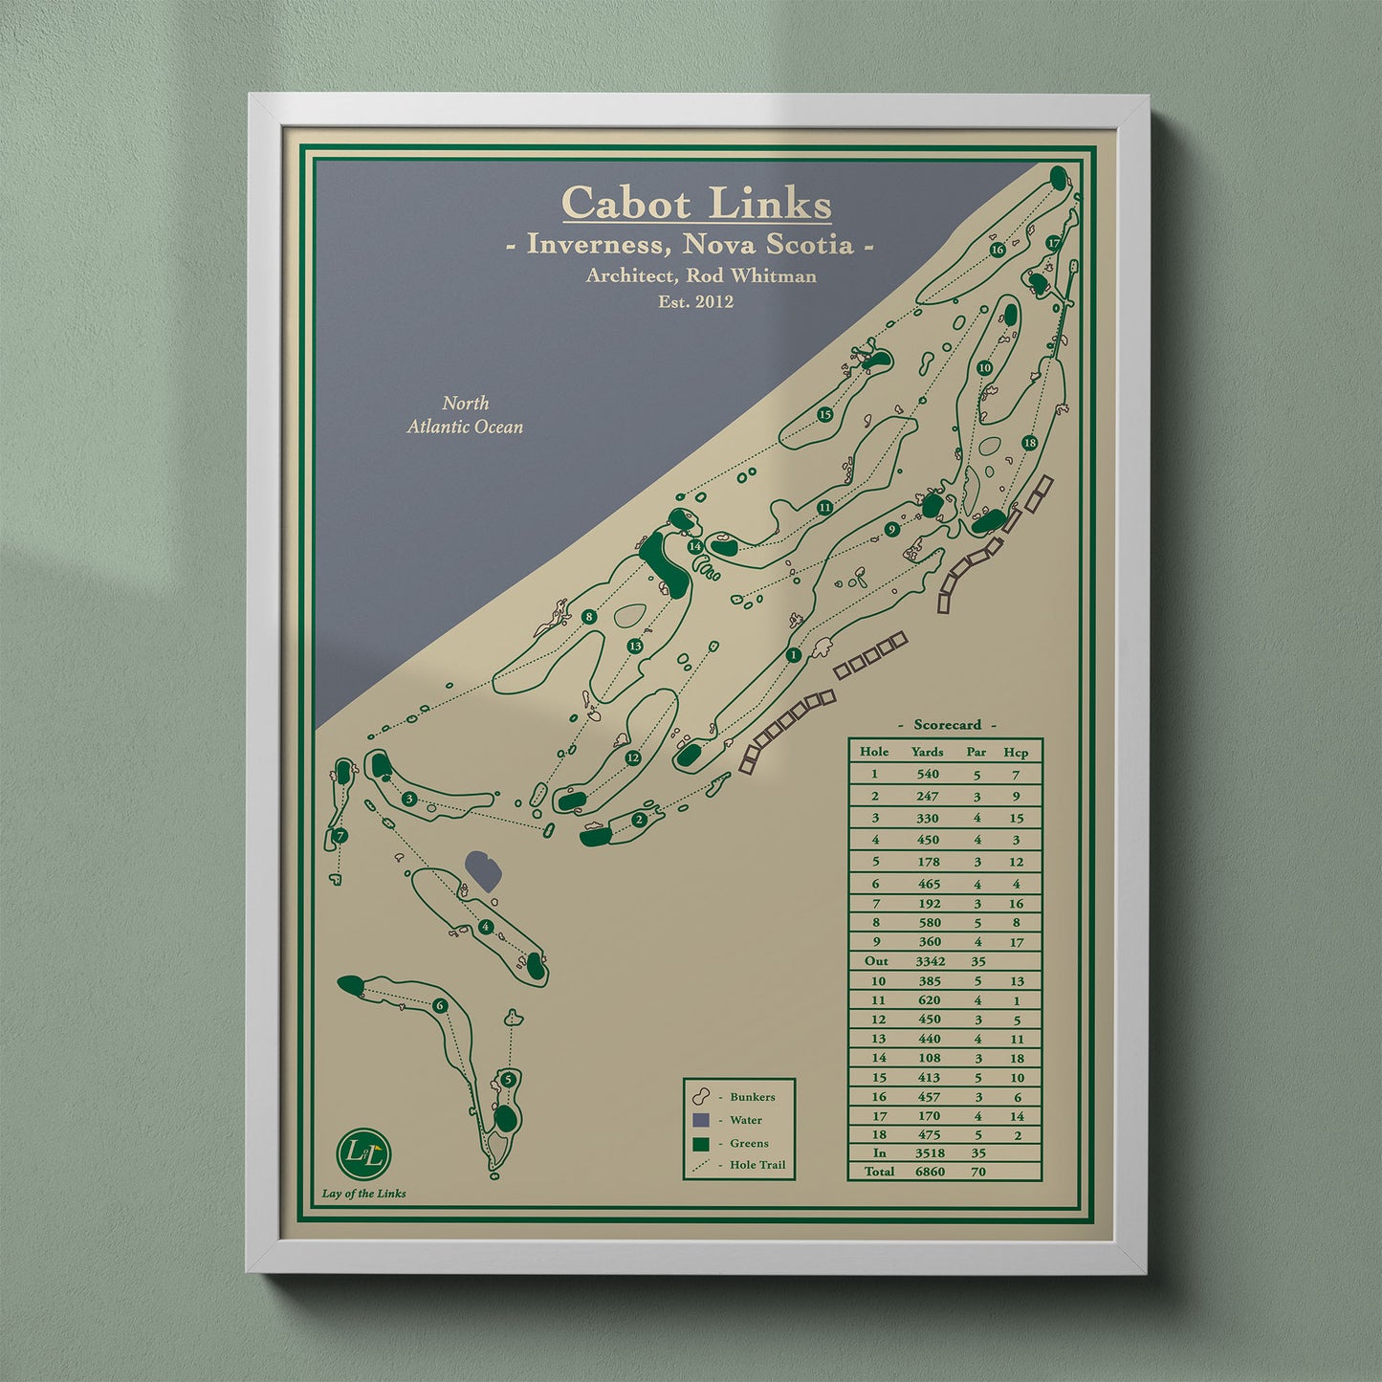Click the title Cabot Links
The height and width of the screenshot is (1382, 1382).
696,204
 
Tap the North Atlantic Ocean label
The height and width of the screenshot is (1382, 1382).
465,415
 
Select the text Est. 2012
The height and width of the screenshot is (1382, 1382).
696,301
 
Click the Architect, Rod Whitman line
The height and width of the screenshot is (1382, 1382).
701,275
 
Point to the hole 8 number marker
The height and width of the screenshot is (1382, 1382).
589,617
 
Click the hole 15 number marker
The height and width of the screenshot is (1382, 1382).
825,414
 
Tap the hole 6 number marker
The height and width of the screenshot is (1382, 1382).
440,1005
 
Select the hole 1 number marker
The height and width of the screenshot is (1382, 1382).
793,655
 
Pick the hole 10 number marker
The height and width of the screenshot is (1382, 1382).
984,368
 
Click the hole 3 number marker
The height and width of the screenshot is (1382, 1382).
409,799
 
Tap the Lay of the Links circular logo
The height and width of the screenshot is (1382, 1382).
364,1153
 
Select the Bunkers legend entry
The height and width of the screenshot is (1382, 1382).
752,1097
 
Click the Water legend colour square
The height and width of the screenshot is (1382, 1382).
702,1120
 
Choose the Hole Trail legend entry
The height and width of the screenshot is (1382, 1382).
757,1165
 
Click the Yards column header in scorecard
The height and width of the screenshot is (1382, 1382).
927,752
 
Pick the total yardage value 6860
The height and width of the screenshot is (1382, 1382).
929,1172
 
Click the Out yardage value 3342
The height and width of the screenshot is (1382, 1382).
929,961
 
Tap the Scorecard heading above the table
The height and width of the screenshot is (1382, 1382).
946,725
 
